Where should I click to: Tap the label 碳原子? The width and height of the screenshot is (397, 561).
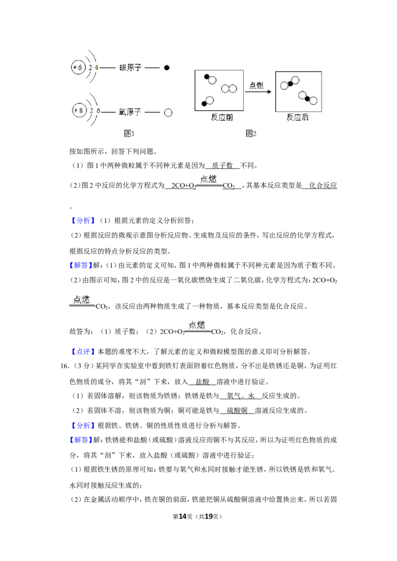(131, 67)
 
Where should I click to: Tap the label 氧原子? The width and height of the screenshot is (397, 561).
(130, 112)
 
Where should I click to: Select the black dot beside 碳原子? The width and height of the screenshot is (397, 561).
(167, 67)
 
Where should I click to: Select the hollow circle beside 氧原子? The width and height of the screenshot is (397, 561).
(168, 112)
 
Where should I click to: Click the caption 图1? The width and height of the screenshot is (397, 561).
(129, 134)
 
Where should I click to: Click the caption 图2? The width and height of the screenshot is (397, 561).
(251, 134)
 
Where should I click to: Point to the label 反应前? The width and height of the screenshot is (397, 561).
(222, 117)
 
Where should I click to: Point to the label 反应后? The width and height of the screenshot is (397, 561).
(297, 117)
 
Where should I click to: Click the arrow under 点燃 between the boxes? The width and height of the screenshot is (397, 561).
(259, 92)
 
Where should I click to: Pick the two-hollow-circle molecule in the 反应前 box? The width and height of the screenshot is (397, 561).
(229, 88)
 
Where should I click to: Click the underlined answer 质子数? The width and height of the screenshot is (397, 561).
(222, 166)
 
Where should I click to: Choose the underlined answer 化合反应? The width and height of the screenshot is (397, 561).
(323, 185)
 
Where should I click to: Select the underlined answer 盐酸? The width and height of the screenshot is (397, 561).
(202, 382)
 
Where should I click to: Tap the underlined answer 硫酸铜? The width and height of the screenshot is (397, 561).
(237, 411)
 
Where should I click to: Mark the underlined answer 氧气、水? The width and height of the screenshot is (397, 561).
(241, 396)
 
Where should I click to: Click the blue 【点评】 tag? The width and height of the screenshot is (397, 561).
(83, 352)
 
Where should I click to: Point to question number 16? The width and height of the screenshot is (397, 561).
(65, 366)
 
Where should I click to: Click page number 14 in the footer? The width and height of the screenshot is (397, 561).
(183, 516)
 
